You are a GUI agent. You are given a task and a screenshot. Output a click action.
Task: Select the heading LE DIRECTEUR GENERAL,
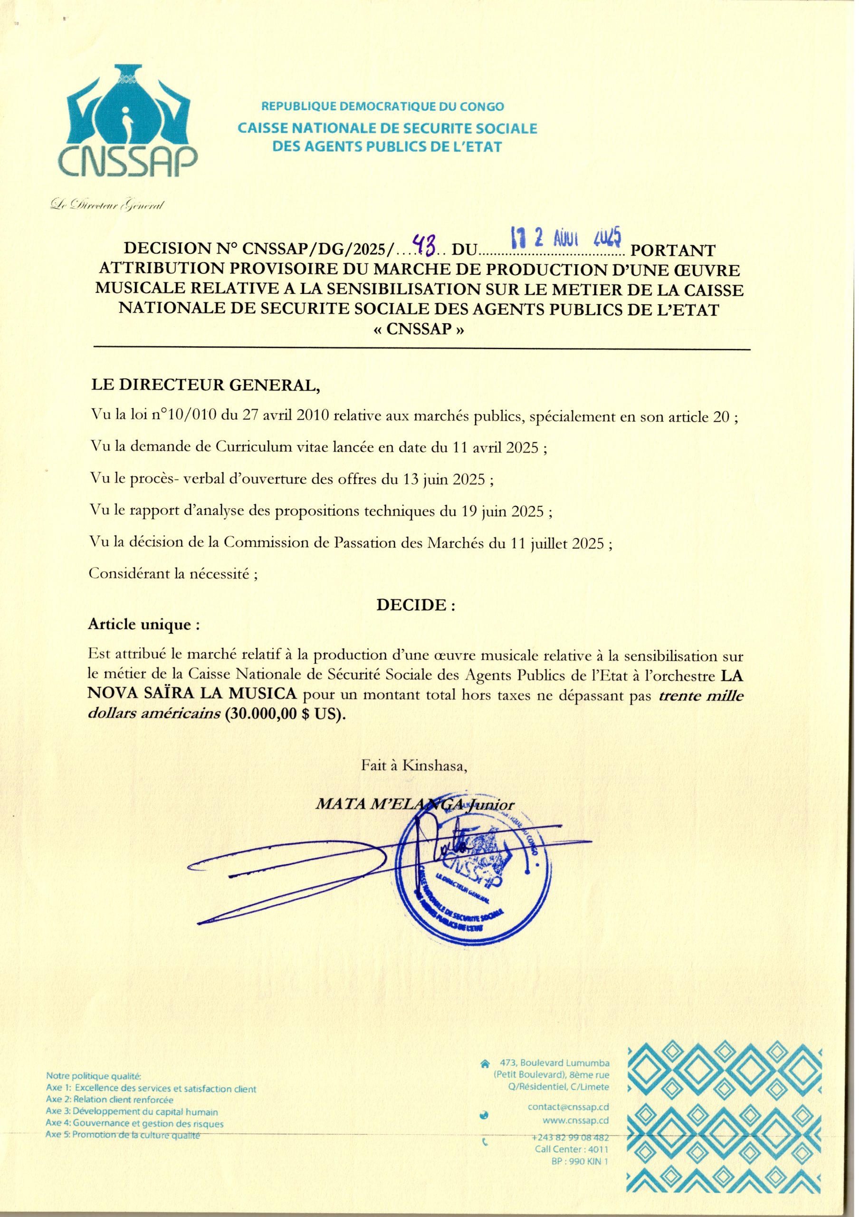(x=206, y=386)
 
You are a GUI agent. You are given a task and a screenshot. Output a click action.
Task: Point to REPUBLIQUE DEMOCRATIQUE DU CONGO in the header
(x=382, y=106)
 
